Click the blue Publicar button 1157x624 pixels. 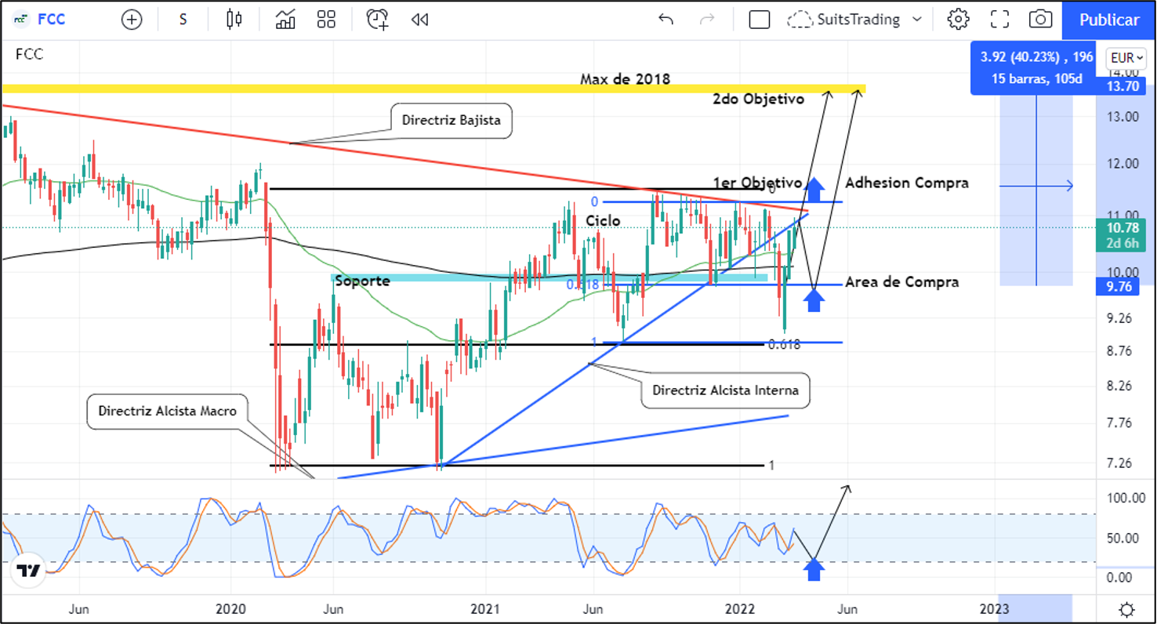pos(1108,20)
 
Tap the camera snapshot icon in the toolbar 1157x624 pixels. pos(1040,20)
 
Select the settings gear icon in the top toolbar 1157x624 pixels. pos(958,20)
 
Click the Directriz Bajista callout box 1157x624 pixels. pos(451,121)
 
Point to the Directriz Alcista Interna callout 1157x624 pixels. pos(725,390)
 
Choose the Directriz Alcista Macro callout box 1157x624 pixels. pos(167,411)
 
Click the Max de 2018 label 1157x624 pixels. pos(625,79)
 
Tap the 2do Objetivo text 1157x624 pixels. pos(758,100)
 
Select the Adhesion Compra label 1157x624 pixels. pos(907,183)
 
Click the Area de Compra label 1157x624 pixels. pos(901,281)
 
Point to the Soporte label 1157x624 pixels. pos(362,281)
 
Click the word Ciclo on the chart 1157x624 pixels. pos(603,221)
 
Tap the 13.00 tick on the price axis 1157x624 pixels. pos(1122,117)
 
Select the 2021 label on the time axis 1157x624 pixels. pos(486,609)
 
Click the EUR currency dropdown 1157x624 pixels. pos(1126,58)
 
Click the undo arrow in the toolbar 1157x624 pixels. pos(666,20)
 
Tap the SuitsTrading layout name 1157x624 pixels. pos(858,20)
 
